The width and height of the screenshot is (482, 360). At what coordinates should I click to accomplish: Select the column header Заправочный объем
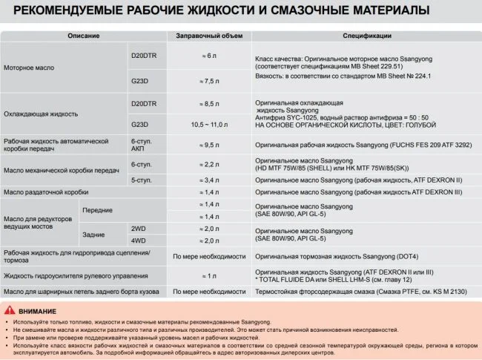click(x=208, y=36)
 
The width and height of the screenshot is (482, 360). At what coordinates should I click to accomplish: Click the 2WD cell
click(x=139, y=229)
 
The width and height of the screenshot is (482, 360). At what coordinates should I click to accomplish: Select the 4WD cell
click(x=139, y=241)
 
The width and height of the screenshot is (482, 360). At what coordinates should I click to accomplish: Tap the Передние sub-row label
click(x=96, y=210)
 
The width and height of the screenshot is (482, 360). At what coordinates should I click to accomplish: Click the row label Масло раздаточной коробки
click(x=46, y=192)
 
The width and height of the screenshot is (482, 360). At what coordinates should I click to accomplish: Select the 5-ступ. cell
click(x=142, y=180)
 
